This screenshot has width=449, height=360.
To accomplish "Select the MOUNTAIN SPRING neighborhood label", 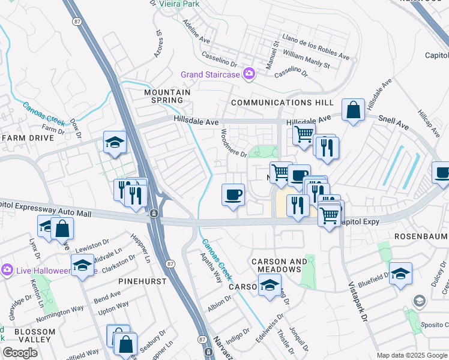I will click(167, 97).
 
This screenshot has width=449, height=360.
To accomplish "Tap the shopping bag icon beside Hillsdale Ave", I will click(354, 110).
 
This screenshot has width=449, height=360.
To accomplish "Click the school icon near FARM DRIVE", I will click(115, 142).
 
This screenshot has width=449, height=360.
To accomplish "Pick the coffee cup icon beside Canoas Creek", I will click(233, 194).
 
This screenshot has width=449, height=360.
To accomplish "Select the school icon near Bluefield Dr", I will click(400, 274).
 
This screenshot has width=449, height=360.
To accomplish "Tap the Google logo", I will click(20, 353).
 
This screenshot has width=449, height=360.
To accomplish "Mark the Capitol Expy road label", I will click(362, 221).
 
